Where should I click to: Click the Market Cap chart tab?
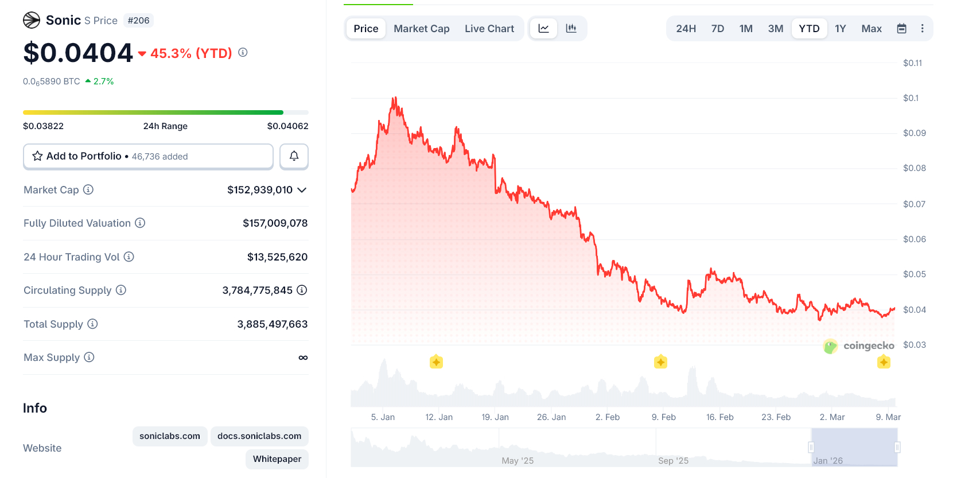pos(421,29)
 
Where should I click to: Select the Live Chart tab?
pos(489,29)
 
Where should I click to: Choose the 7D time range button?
pos(717,29)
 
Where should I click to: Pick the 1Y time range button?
pos(840,29)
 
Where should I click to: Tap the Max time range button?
pos(871,29)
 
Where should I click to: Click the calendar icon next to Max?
pos(901,29)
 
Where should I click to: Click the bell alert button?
pos(294,156)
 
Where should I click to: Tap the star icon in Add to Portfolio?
pos(37,156)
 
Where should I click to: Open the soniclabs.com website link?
pos(170,436)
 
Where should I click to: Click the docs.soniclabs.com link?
pos(259,436)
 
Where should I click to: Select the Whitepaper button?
pos(277,459)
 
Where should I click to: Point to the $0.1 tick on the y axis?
pos(911,98)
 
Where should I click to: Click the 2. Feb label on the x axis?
pos(608,417)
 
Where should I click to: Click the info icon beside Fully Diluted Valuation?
pos(140,223)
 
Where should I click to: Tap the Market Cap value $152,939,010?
pos(260,190)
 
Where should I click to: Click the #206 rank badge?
pos(139,21)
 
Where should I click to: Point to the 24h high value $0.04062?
pos(287,126)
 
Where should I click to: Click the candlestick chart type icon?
pos(571,29)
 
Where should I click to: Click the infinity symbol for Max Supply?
pos(303,357)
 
